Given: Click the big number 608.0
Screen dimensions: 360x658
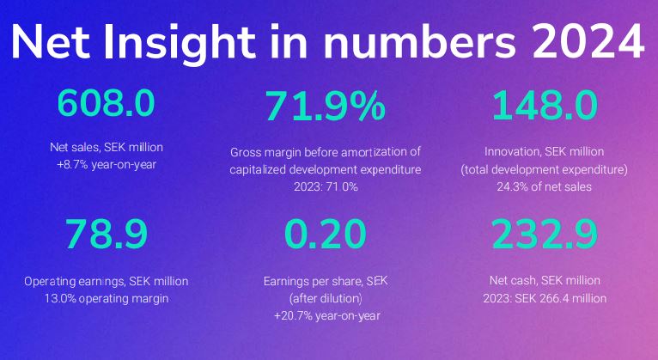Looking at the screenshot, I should [x=107, y=104].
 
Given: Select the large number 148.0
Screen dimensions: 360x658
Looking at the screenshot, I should [x=544, y=104].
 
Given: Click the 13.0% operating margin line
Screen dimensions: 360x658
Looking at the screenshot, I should [x=107, y=298].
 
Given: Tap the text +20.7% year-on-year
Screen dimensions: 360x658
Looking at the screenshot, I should [x=325, y=316].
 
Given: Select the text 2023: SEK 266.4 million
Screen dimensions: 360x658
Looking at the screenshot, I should [x=544, y=298].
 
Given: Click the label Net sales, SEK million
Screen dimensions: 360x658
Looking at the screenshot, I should [x=107, y=148].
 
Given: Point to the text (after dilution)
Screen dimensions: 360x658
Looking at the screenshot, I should [x=325, y=298].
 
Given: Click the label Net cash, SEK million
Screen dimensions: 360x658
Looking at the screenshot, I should [x=544, y=280].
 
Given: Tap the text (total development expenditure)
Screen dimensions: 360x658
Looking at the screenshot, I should [x=544, y=168].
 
